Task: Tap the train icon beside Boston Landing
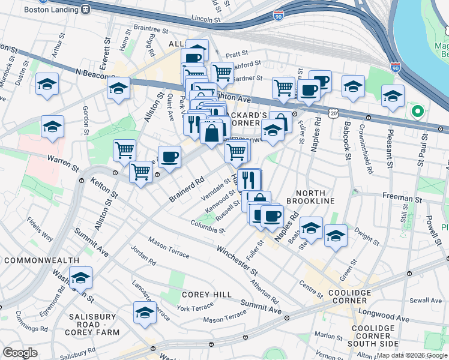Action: tap(86, 10)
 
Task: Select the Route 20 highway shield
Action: tap(333, 113)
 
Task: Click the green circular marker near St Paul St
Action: tap(415, 111)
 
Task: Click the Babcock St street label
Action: tap(347, 138)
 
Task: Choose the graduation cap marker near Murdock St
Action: tap(47, 85)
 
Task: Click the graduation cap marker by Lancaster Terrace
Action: tap(145, 313)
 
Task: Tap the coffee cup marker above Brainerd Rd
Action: tap(169, 157)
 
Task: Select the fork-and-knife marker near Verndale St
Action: tap(249, 179)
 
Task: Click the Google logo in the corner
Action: tap(20, 353)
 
